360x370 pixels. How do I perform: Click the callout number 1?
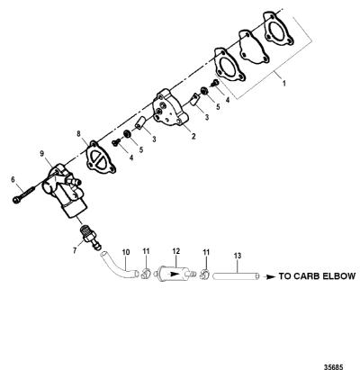point(284,84)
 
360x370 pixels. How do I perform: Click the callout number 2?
point(193,136)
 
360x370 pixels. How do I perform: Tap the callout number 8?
point(79,133)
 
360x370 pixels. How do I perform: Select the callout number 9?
point(42,154)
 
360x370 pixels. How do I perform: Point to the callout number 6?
point(13,179)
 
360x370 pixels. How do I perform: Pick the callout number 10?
point(126,252)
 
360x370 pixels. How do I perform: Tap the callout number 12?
point(175,251)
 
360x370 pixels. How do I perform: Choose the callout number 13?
point(238,256)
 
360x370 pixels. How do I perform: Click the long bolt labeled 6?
point(23,194)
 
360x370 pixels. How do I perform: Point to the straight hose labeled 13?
point(236,275)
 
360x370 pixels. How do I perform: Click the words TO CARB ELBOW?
point(318,276)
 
